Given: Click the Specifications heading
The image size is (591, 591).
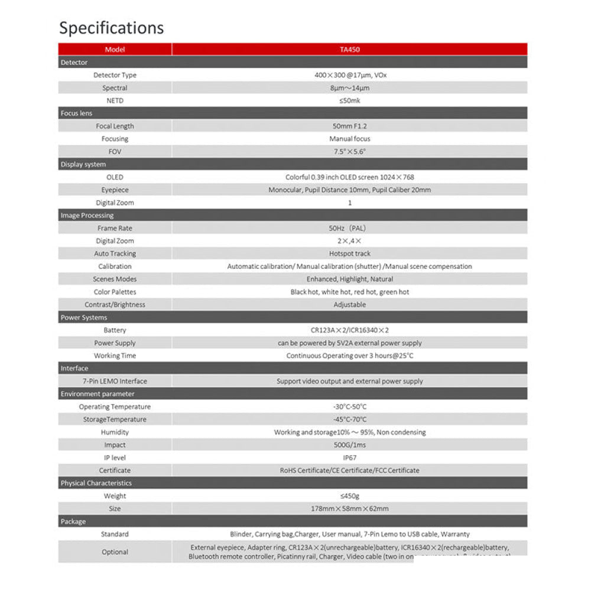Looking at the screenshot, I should click(111, 28).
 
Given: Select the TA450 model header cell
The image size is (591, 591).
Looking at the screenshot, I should click(349, 50).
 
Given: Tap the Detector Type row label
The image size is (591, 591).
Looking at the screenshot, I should click(115, 75).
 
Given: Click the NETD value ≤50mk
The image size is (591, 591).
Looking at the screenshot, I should click(349, 100).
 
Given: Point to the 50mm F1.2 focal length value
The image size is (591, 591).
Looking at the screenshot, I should click(349, 126).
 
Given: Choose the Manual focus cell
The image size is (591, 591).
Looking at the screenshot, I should click(349, 139).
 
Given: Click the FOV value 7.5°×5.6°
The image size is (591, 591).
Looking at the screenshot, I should click(349, 152).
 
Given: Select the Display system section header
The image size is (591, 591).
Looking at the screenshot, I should click(83, 164).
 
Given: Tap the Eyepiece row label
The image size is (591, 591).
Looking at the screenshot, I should click(115, 190).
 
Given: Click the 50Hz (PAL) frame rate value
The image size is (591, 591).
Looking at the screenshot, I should click(349, 228).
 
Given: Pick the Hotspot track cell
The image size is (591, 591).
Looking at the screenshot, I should click(349, 254).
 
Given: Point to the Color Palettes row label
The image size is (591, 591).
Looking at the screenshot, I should click(115, 292).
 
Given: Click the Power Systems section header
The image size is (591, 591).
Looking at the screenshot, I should click(84, 317).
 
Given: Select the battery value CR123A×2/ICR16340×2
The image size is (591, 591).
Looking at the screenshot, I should click(349, 330).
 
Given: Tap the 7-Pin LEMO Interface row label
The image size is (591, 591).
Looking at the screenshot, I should click(115, 381).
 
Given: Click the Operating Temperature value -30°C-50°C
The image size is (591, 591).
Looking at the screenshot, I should click(349, 407).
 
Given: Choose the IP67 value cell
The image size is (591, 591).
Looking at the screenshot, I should click(349, 457).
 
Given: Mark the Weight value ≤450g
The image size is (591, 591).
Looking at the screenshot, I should click(349, 496).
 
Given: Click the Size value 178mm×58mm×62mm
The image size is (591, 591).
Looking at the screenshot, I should click(349, 508).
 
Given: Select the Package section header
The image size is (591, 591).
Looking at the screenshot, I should click(73, 521).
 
